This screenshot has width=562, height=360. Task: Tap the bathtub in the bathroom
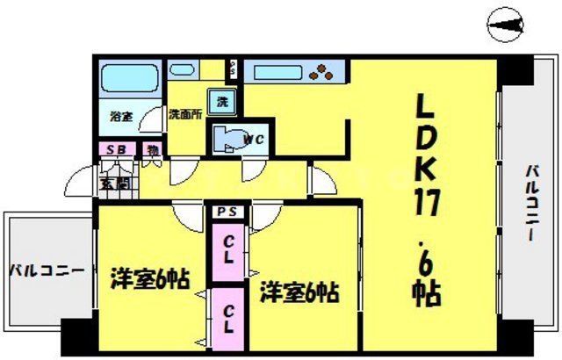[x=126, y=81]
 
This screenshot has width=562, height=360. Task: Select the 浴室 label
[x=120, y=116]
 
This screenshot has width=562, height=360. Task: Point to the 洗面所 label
[x=185, y=114]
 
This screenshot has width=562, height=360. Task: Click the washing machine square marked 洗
[x=221, y=101]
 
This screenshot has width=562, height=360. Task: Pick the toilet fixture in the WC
[x=227, y=139]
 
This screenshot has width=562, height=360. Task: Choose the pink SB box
[x=116, y=150]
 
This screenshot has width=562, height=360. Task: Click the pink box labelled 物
[x=152, y=150]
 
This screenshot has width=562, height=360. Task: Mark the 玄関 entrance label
[x=114, y=183]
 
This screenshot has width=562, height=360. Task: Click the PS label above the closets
[x=227, y=211]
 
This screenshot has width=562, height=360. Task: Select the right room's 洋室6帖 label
[x=299, y=291]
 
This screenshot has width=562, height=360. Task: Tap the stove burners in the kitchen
[x=323, y=72]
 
